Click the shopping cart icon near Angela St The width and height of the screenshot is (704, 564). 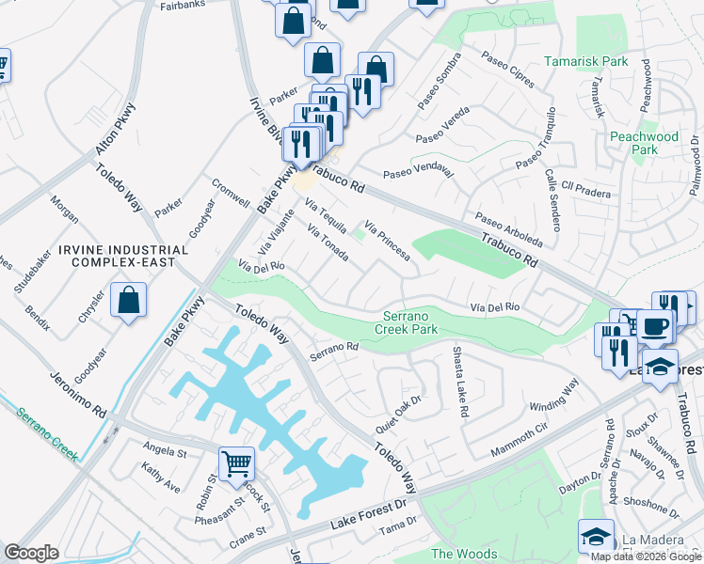pos(236,462)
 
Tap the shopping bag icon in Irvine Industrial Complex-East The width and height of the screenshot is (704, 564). pos(129,301)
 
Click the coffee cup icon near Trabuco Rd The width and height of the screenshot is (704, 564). pos(655,326)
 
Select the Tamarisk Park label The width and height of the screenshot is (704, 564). pos(586,61)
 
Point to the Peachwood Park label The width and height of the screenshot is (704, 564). pos(644,143)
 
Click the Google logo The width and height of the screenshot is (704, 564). pos(31,553)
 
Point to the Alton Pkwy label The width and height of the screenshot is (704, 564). pos(116,129)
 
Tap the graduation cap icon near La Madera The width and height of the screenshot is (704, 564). pos(596,537)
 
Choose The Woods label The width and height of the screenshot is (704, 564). pos(463,555)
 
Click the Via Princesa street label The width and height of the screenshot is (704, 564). pos(388,240)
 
